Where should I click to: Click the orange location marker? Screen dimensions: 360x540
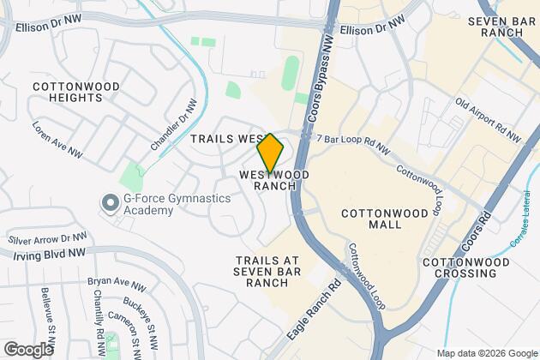270,153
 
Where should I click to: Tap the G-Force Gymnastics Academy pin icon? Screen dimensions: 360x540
109,203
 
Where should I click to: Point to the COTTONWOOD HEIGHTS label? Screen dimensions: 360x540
67,93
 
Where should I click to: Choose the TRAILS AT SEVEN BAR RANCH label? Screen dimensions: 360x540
269,271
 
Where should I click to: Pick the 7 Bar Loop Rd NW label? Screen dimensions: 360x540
352,143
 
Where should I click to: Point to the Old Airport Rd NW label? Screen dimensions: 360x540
488,119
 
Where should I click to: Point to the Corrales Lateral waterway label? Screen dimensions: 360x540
522,228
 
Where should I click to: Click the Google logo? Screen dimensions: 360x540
29,349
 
